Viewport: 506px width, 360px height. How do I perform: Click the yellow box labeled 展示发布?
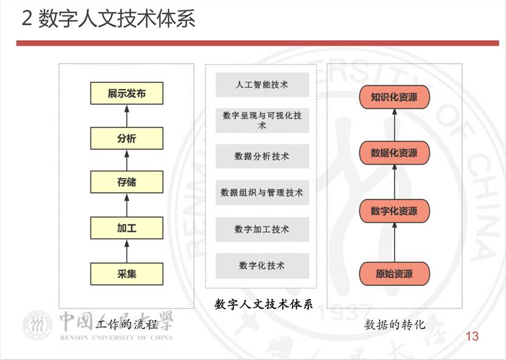[x=127, y=94]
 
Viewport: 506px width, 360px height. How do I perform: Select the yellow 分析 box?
[x=127, y=139]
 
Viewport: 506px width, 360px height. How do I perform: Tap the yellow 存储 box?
[x=127, y=182]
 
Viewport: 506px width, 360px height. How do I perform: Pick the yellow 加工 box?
[x=127, y=229]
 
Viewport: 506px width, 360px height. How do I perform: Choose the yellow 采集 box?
[x=127, y=274]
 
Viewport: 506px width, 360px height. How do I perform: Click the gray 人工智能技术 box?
[x=262, y=85]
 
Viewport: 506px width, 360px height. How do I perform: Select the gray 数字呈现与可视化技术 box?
[x=262, y=120]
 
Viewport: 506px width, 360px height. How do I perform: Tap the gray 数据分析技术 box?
[x=262, y=157]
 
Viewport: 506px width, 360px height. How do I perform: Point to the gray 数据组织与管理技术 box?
[x=262, y=193]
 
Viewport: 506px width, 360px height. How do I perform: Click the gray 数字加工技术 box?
[x=262, y=229]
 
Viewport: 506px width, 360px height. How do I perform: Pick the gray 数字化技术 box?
[x=262, y=266]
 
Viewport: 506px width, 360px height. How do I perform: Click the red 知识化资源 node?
[x=394, y=98]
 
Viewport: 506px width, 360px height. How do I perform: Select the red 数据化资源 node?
[x=394, y=153]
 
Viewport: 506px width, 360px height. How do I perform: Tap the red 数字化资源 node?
[x=394, y=211]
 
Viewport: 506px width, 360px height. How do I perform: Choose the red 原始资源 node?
[x=394, y=273]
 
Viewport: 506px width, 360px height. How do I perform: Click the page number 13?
[x=472, y=336]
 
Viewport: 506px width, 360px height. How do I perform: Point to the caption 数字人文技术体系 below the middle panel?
[x=263, y=304]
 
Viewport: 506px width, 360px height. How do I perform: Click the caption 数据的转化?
[x=395, y=325]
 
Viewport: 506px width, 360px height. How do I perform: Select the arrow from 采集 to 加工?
[x=127, y=251]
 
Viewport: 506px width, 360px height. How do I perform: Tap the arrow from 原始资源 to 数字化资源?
[x=394, y=242]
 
